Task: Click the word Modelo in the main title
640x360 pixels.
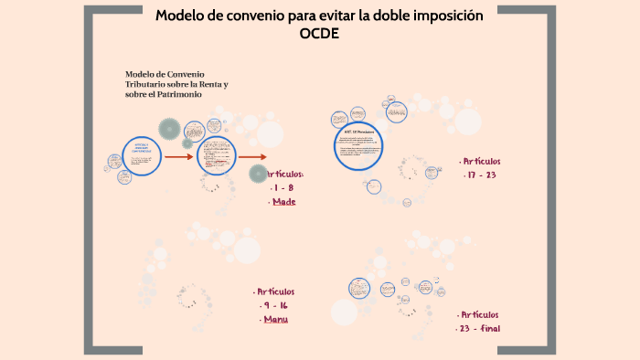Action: click(181, 16)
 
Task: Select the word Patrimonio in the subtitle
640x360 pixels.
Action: click(165, 95)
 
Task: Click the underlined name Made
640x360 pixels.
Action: click(284, 202)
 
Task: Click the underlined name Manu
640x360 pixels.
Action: click(275, 320)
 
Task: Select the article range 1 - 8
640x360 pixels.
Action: click(283, 187)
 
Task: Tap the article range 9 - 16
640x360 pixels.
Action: click(275, 306)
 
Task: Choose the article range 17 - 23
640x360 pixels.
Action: click(480, 175)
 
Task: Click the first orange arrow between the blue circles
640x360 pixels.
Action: click(178, 156)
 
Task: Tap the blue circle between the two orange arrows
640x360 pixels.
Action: click(217, 155)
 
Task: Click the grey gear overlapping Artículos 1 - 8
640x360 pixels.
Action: click(256, 176)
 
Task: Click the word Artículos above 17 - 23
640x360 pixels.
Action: click(481, 161)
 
